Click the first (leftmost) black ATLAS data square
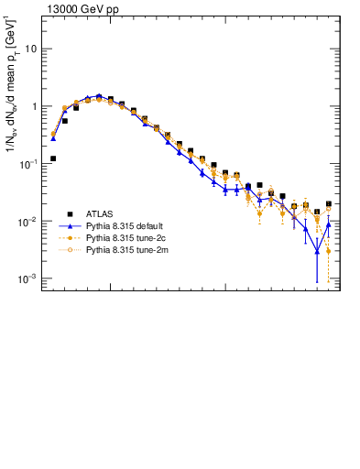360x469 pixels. [53, 158]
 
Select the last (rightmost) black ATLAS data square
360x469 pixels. [329, 204]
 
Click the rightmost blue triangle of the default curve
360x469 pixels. [329, 224]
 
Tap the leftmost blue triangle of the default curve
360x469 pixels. [53, 138]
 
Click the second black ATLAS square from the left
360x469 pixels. [64, 121]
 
